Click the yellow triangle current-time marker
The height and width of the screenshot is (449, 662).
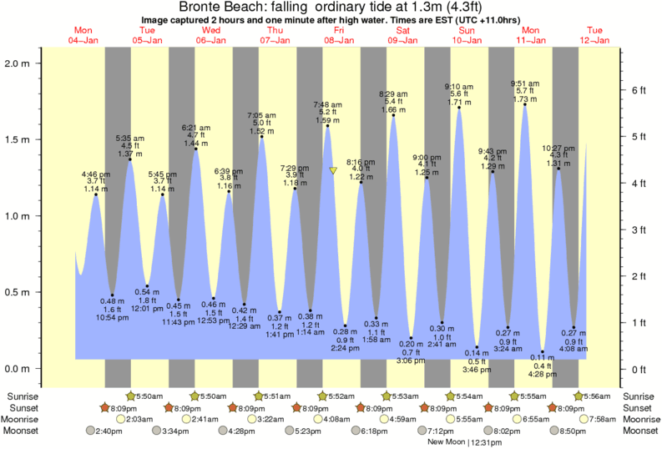(x=333, y=170)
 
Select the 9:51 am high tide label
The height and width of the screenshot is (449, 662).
(x=524, y=83)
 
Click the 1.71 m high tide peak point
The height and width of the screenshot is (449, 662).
(x=459, y=108)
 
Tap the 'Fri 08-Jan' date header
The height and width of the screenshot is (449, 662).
(x=338, y=35)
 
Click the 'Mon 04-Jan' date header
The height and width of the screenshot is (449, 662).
(x=83, y=35)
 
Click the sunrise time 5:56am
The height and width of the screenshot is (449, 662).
(x=595, y=396)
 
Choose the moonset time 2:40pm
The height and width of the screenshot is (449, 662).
(x=106, y=431)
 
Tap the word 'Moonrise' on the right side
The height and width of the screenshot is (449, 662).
(x=639, y=419)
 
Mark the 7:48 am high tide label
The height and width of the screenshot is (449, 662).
(x=326, y=104)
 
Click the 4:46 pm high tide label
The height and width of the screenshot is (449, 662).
(x=95, y=174)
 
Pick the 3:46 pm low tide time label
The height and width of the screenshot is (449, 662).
(x=477, y=368)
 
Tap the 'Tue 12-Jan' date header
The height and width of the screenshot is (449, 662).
(x=593, y=35)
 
